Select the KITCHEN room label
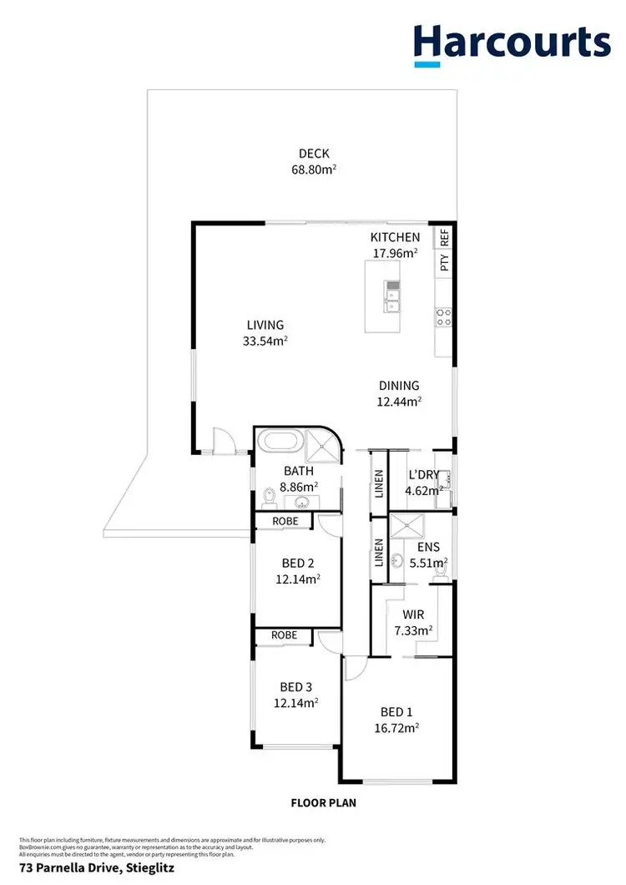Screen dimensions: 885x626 coord(395,238)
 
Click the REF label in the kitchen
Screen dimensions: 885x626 coord(445,237)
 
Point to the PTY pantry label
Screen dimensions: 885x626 coord(445,263)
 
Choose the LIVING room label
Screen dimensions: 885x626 coord(265,325)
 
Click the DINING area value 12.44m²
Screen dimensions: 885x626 coord(399,402)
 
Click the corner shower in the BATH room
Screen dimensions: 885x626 coord(320,446)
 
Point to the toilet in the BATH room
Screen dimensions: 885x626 coord(269,498)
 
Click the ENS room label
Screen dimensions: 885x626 coord(427,547)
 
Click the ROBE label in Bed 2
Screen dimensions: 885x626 coord(284,521)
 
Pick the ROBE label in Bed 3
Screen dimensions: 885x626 coord(284,635)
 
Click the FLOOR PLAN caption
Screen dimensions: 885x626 coord(323,804)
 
